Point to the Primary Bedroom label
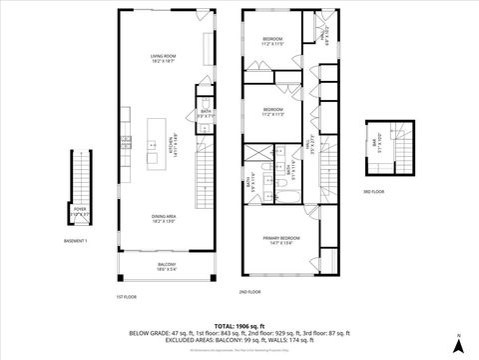(279, 240)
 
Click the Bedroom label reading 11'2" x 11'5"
(273, 41)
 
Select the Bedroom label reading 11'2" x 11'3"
(273, 110)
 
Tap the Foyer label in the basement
(80, 211)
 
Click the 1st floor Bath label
(203, 115)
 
